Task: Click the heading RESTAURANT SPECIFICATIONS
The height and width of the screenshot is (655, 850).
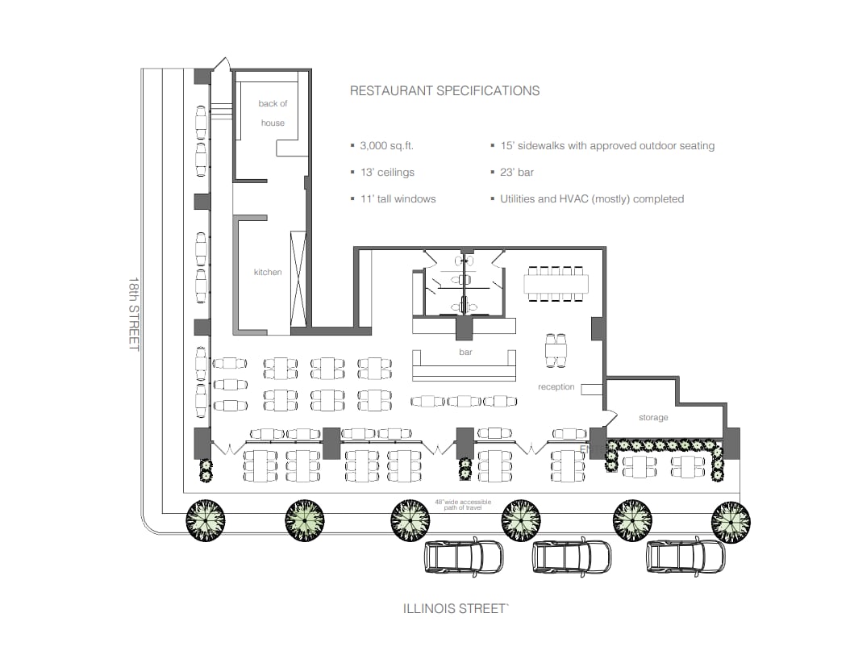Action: (x=444, y=91)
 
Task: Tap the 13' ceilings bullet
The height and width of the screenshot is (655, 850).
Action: (x=387, y=173)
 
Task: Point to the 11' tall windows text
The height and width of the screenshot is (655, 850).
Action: (x=398, y=198)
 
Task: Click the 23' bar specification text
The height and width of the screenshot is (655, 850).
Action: (x=516, y=173)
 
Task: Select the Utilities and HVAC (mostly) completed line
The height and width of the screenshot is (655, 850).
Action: (x=591, y=198)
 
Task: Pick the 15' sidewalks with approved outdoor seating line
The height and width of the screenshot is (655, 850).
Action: (x=606, y=146)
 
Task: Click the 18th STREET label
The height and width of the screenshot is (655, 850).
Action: (x=134, y=315)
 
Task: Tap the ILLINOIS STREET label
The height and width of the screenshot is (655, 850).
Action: (x=456, y=609)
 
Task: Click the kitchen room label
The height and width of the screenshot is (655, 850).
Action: (x=268, y=272)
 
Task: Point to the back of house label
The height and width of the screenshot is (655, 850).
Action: (x=273, y=113)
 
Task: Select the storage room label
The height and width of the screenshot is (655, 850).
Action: (x=653, y=418)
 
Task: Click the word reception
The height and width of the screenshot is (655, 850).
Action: (x=556, y=387)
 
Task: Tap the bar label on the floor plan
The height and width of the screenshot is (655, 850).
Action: (x=465, y=353)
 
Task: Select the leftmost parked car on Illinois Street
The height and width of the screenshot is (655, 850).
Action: (x=464, y=556)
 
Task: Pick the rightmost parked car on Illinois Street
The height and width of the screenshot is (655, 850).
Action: (x=685, y=556)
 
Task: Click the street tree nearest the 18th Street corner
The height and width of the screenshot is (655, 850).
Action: (x=206, y=519)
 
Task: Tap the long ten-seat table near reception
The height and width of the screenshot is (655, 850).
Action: (x=556, y=284)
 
